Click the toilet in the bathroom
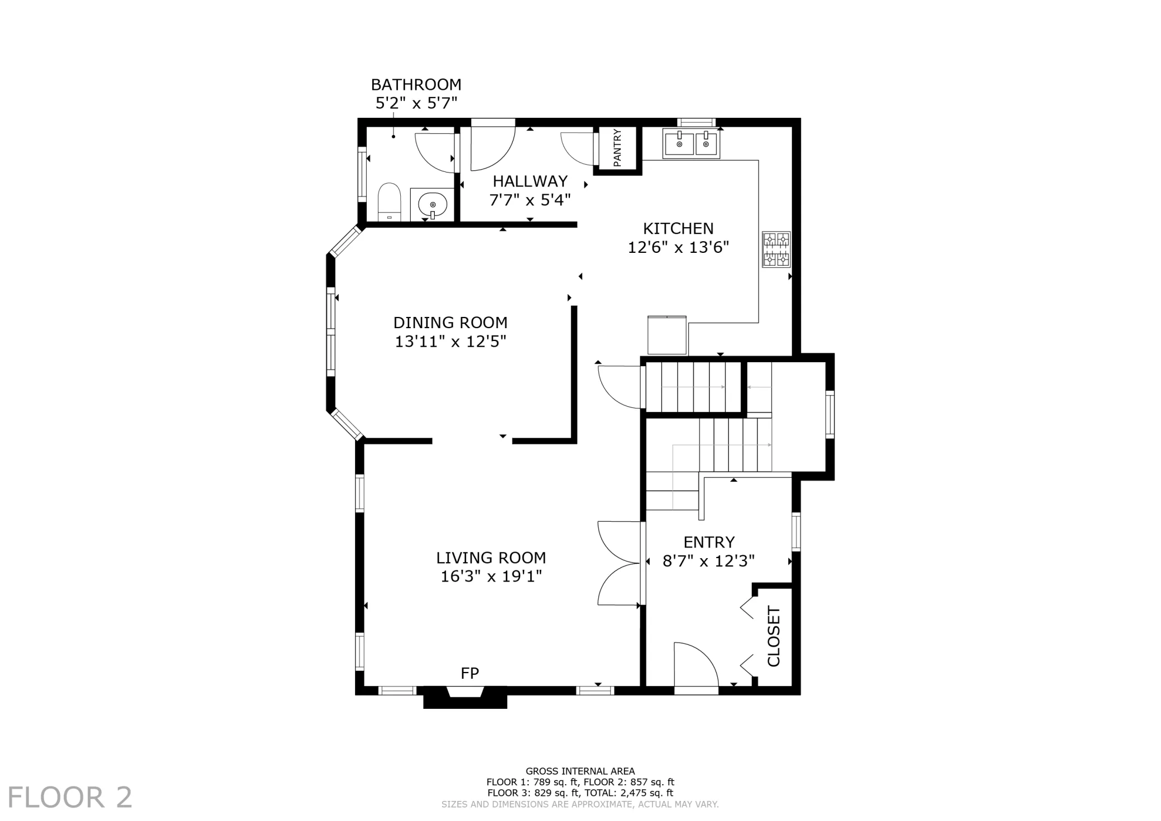(x=390, y=202)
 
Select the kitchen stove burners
(x=776, y=249)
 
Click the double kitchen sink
(x=692, y=143)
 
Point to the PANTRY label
(x=617, y=148)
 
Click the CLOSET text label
(x=774, y=636)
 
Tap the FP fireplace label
(x=470, y=674)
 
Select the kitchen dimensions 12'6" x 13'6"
(x=678, y=247)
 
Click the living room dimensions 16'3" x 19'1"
(x=491, y=576)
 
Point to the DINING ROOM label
(x=450, y=323)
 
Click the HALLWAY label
(x=530, y=181)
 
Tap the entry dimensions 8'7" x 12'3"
(x=709, y=560)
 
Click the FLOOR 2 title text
(x=70, y=797)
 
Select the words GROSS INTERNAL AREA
(x=580, y=771)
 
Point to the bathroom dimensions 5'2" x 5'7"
(x=416, y=103)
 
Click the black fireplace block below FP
(x=465, y=698)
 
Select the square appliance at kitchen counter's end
(x=667, y=335)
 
